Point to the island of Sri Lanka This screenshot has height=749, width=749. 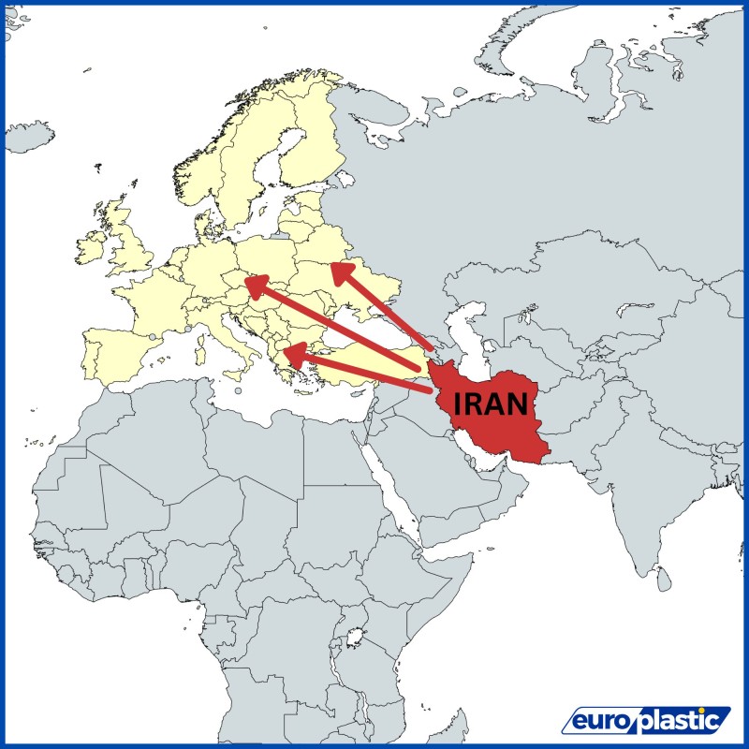(663, 581)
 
